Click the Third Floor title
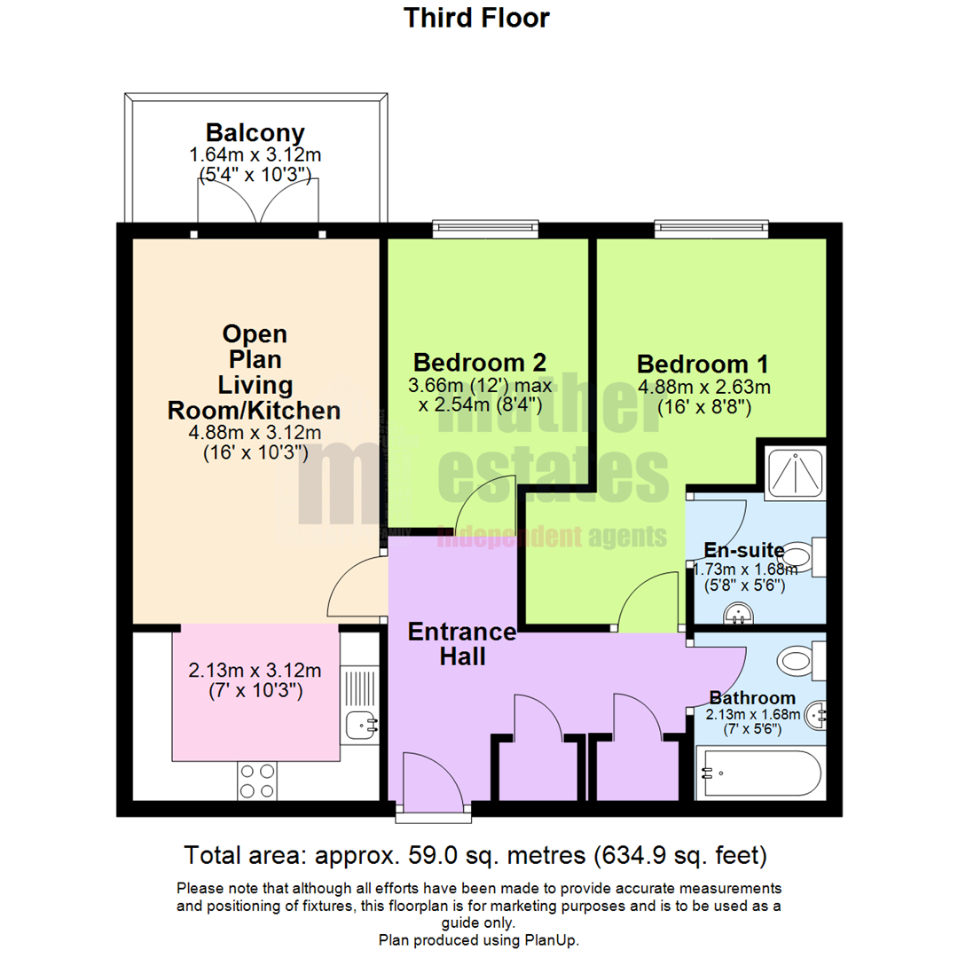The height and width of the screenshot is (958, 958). point(476,18)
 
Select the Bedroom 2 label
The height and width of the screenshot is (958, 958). point(480,362)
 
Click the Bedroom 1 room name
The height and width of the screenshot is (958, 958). point(703,364)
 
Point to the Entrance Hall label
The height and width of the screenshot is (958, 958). point(462,644)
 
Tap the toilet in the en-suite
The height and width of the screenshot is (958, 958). point(804,557)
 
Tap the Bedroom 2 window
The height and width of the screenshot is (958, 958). point(486,229)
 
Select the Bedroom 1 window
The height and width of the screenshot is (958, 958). point(711,229)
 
